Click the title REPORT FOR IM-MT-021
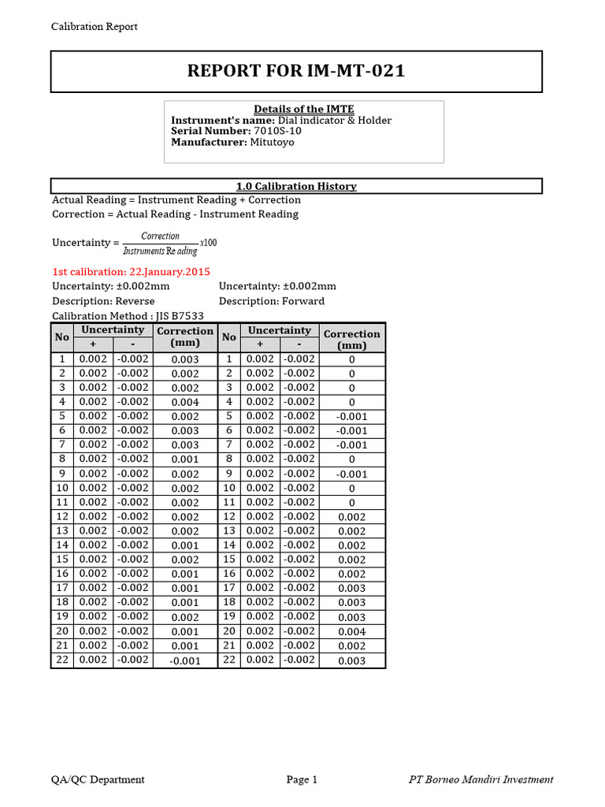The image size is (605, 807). [296, 71]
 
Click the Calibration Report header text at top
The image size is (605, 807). [95, 27]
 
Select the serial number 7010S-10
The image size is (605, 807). [277, 131]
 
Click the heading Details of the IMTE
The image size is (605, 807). [303, 109]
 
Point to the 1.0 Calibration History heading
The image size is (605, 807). [296, 186]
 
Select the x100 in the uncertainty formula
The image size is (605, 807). [208, 242]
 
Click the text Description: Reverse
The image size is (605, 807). [103, 301]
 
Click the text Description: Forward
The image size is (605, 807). [272, 301]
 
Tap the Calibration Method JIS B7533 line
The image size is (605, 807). [122, 315]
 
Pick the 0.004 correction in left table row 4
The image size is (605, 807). [185, 403]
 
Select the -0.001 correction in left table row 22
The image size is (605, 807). [185, 661]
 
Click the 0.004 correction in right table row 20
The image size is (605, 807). [351, 632]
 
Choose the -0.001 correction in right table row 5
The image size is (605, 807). [351, 417]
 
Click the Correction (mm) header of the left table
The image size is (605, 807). [185, 337]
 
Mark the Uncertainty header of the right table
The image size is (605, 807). [279, 330]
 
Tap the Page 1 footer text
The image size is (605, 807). [302, 779]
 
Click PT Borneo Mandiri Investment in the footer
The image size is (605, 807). [481, 779]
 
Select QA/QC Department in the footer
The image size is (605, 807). [98, 779]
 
